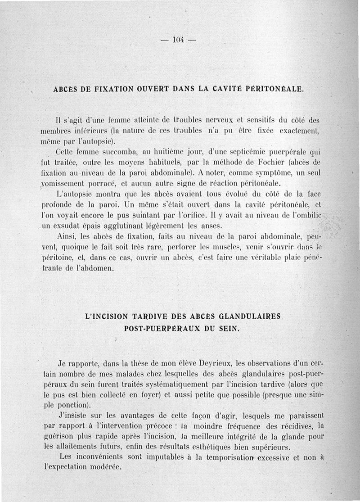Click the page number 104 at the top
pos(179,40)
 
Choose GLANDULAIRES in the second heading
pos(250,317)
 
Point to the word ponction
pos(74,405)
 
